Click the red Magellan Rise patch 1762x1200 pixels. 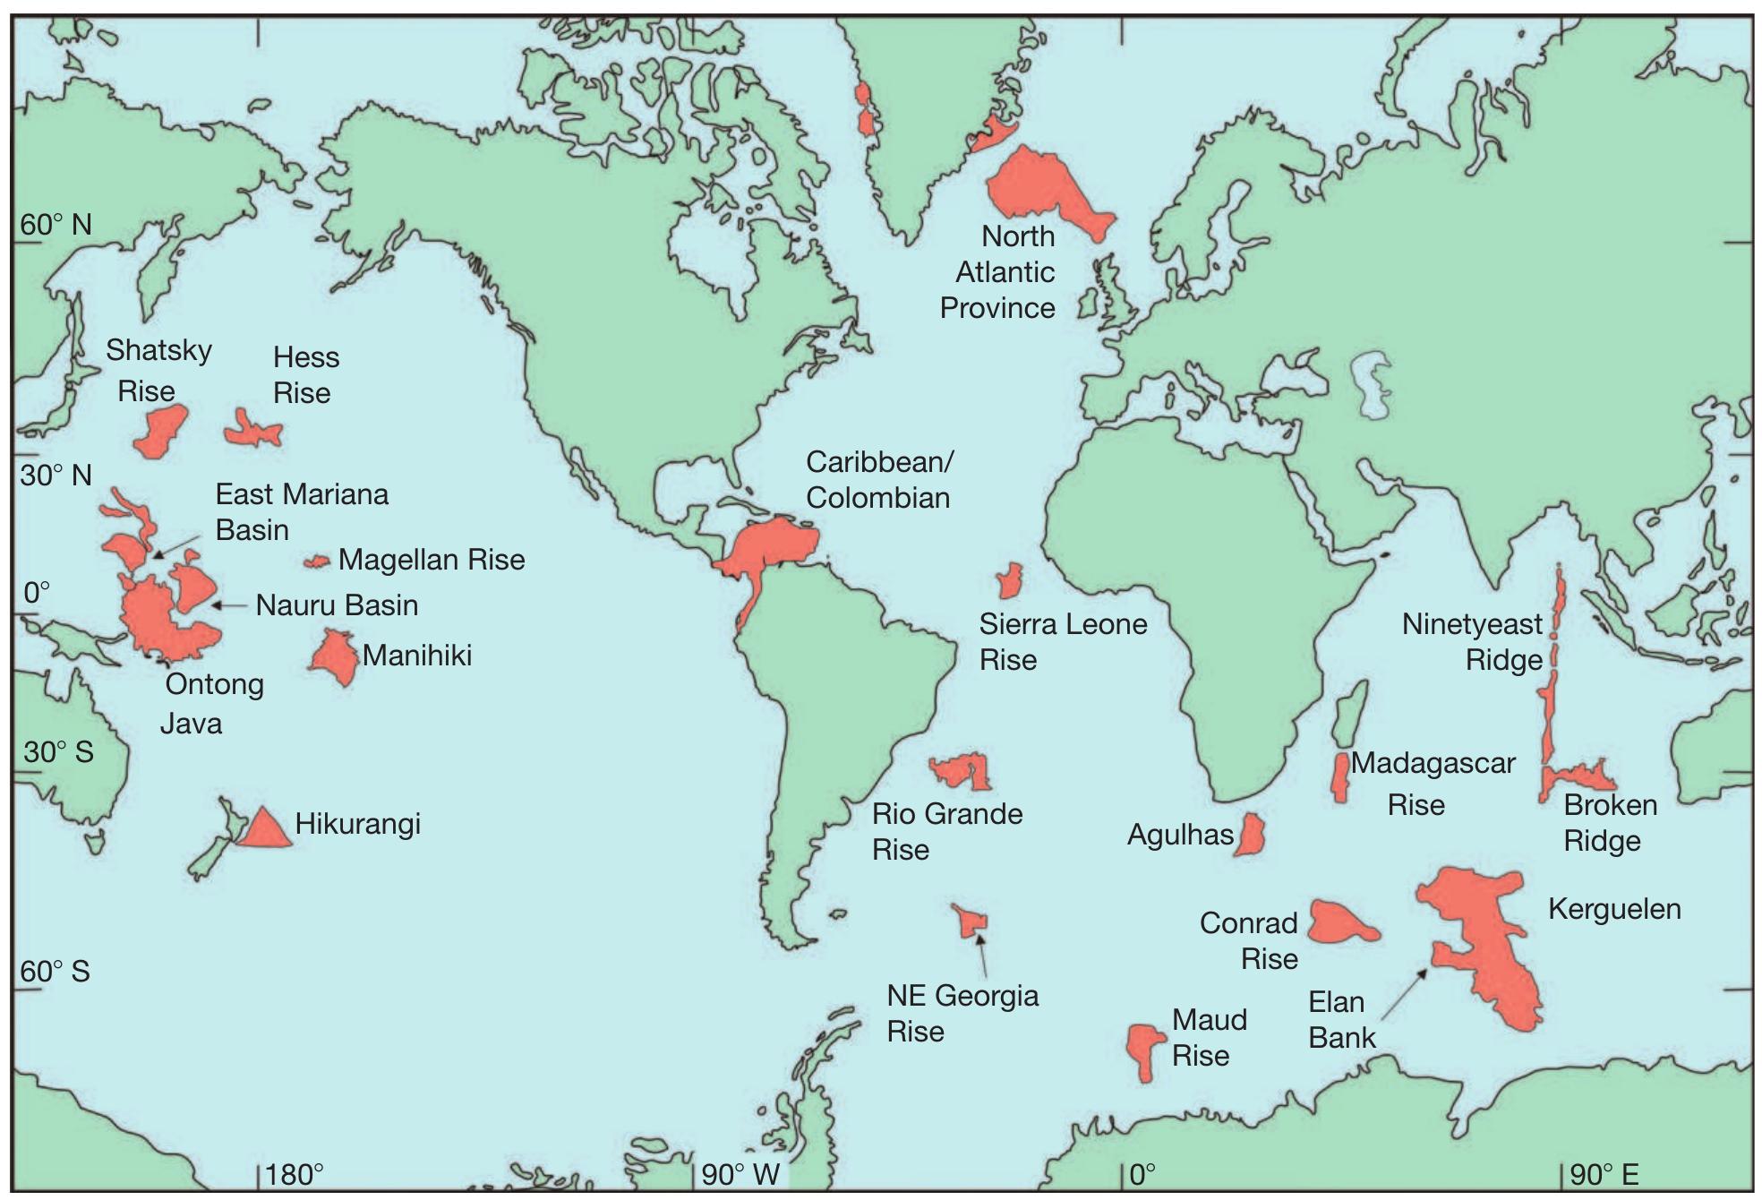[x=317, y=561]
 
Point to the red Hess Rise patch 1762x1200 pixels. [x=252, y=431]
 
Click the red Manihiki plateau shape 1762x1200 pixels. [x=336, y=656]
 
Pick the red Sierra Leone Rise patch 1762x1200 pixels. [x=1010, y=581]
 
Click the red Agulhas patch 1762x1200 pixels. [x=1250, y=834]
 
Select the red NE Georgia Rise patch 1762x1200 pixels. [x=971, y=921]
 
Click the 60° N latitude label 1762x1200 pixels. [x=56, y=225]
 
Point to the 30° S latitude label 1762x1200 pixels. [x=58, y=751]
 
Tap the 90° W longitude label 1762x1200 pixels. [x=740, y=1174]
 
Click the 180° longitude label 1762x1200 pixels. [x=295, y=1174]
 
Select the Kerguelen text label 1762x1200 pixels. [x=1614, y=909]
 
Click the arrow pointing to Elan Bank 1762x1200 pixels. [x=1405, y=993]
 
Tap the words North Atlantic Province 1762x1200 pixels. [x=998, y=272]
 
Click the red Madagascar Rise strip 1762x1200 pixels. [x=1340, y=776]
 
